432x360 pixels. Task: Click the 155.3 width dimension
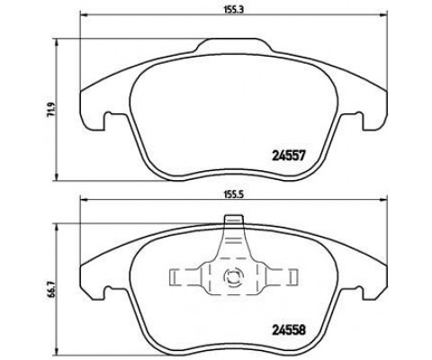pyautogui.click(x=234, y=9)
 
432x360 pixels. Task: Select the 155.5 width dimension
pyautogui.click(x=234, y=194)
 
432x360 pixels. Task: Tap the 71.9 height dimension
pyautogui.click(x=51, y=110)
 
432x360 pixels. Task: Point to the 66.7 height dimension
pyautogui.click(x=51, y=290)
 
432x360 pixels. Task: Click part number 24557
pyautogui.click(x=289, y=156)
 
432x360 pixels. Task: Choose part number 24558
pyautogui.click(x=289, y=330)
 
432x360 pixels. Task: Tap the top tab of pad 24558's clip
pyautogui.click(x=234, y=220)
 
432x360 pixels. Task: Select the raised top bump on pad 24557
pyautogui.click(x=234, y=45)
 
